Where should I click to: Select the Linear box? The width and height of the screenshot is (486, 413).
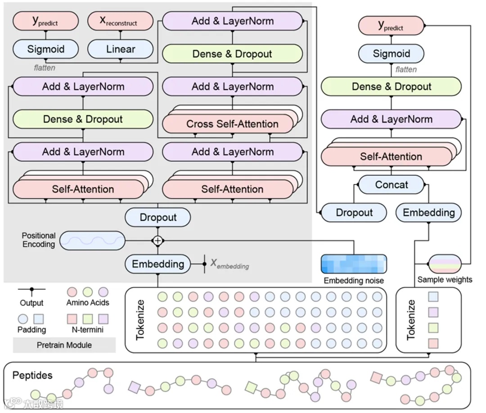coord(121,49)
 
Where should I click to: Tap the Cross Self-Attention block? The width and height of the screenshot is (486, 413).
coord(232,124)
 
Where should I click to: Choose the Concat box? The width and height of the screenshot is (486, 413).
coord(391,185)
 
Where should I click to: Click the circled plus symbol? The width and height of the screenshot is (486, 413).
coord(157,241)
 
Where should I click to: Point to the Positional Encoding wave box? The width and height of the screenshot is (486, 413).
coord(92,241)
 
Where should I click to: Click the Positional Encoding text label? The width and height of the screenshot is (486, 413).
coord(39,240)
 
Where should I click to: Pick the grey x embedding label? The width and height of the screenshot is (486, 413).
coord(229,264)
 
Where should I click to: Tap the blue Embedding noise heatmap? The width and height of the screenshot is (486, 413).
coord(354,264)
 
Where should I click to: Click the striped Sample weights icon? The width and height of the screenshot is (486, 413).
coord(445,264)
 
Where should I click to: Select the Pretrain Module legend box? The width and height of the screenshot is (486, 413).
coord(64,345)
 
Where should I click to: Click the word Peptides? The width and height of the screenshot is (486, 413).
coord(32,375)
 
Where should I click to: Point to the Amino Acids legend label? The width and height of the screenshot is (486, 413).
coord(88,303)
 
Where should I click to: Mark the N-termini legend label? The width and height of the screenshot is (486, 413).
coord(88,330)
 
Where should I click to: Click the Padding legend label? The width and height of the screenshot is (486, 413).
coord(31,330)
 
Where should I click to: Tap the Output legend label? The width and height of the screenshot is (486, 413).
coord(31,303)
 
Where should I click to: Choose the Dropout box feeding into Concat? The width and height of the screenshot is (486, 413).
coord(354,213)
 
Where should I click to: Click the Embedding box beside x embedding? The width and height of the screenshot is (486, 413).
coord(157,264)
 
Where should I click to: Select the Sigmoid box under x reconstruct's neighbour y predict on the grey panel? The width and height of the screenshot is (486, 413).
coord(45,49)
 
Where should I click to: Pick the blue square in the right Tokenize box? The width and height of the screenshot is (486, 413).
coord(433,296)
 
